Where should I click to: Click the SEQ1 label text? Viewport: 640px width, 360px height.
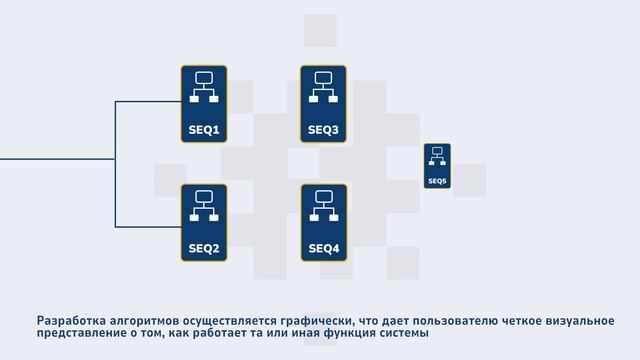[204, 130]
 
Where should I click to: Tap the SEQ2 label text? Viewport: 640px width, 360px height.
[204, 248]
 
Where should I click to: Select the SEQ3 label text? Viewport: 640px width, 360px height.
[323, 130]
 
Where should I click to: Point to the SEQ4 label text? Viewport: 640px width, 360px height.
[323, 248]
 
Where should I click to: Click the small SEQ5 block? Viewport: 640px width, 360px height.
[437, 166]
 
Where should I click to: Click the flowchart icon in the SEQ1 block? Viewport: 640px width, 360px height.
[204, 87]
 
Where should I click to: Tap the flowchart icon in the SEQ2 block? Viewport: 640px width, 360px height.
[204, 205]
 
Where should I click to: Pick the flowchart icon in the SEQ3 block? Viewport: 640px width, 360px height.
[323, 87]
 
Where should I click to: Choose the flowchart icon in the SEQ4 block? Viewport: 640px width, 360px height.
[323, 205]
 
